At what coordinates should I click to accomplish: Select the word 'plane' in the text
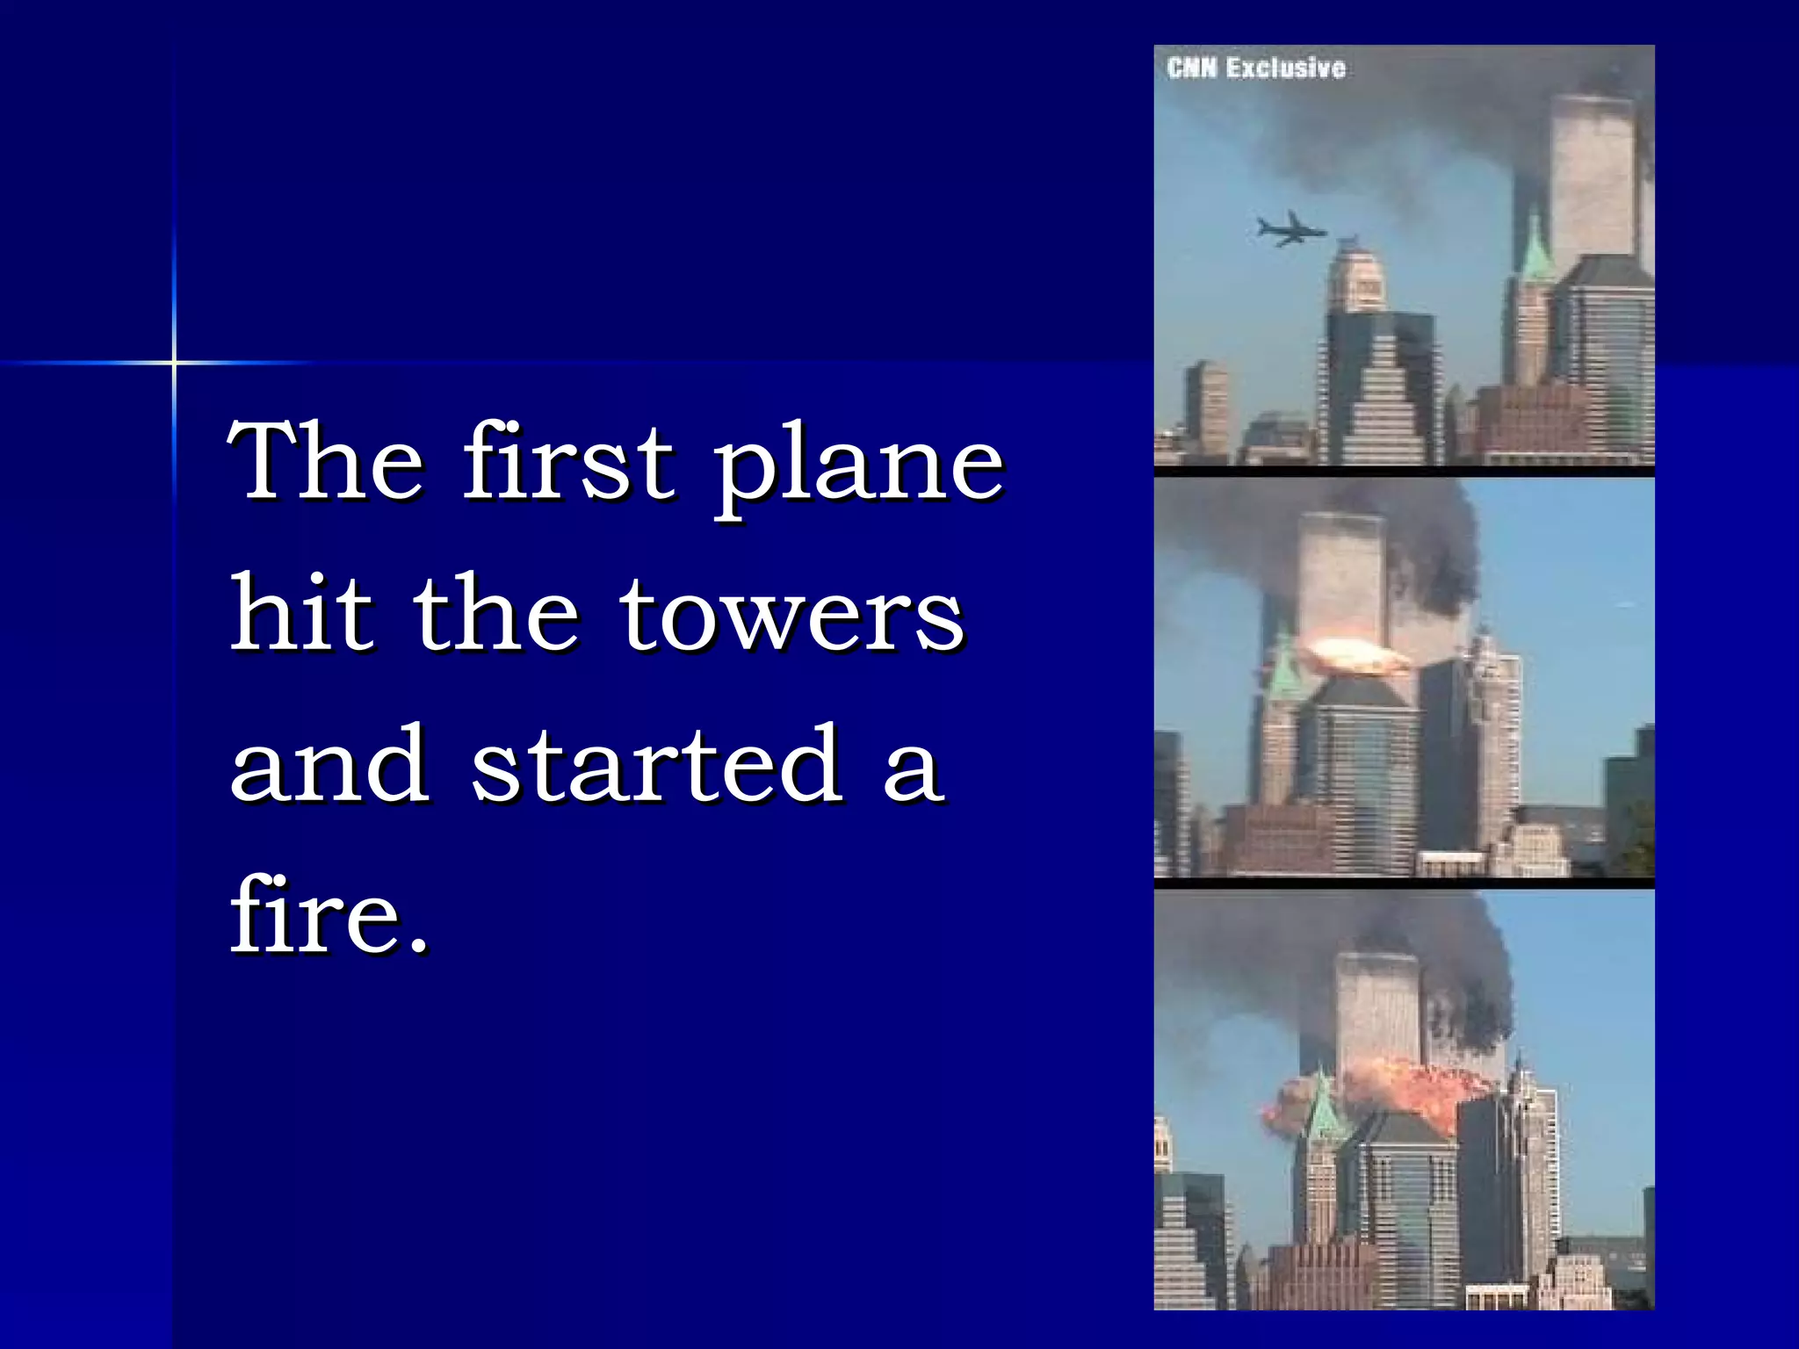point(857,465)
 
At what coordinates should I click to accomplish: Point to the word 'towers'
point(792,615)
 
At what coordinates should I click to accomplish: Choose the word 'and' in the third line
point(329,764)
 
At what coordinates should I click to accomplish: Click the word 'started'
point(657,764)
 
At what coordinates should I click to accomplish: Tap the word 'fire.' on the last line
point(329,915)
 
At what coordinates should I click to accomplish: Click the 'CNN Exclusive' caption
point(1256,69)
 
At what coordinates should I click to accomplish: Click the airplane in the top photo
point(1290,230)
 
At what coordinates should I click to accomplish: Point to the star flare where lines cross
point(174,362)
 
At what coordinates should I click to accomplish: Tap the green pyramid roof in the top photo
point(1535,250)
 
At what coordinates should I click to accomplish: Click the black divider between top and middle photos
point(1404,472)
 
